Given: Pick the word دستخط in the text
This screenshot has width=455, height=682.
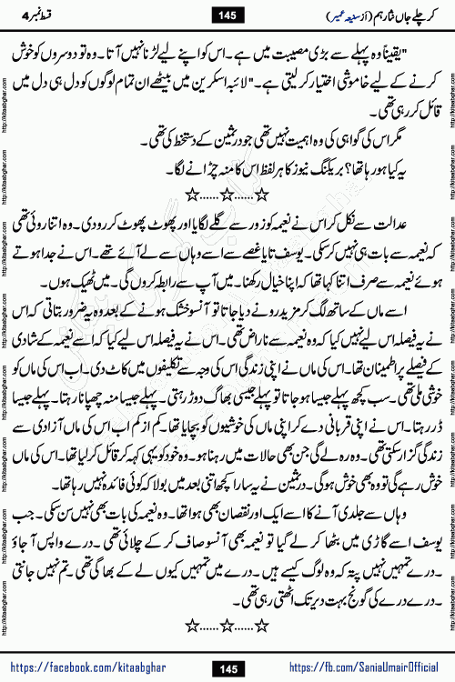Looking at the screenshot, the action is point(168,141).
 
